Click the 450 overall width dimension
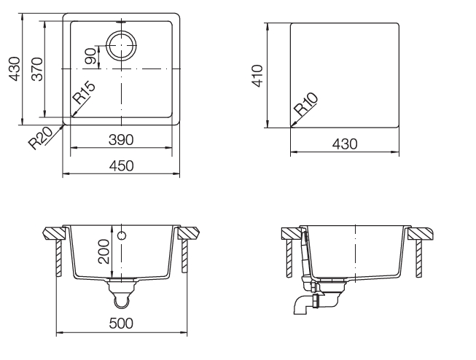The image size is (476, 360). click(121, 166)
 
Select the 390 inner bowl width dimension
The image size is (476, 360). click(121, 140)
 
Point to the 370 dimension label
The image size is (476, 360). click(38, 69)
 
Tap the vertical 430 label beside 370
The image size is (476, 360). click(15, 69)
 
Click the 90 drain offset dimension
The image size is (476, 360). click(90, 56)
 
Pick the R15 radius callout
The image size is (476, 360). click(84, 93)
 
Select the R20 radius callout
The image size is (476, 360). click(41, 138)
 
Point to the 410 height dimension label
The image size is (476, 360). click(257, 76)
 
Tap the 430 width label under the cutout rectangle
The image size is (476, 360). click(345, 144)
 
